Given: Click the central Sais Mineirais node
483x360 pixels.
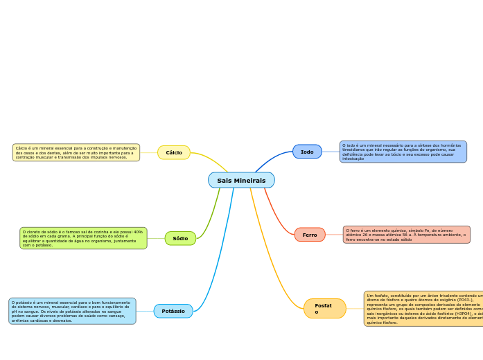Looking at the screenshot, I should [241, 181].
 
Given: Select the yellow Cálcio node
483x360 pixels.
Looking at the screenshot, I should [174, 152].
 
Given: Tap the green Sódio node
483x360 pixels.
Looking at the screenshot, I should [180, 238].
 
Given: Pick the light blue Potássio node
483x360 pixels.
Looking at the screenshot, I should [173, 312].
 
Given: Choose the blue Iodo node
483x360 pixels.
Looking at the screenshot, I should [307, 152].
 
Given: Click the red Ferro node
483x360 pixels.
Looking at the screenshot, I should [310, 235].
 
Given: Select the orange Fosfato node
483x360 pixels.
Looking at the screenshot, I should [324, 309].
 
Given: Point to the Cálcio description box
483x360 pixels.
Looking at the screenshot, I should [76, 152].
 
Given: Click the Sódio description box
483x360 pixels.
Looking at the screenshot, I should [83, 238].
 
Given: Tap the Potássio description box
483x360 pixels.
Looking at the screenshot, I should [72, 312].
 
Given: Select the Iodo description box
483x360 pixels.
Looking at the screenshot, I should [403, 152].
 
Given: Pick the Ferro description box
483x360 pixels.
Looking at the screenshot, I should [406, 235].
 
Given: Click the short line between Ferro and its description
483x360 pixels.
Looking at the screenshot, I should [334, 235].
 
